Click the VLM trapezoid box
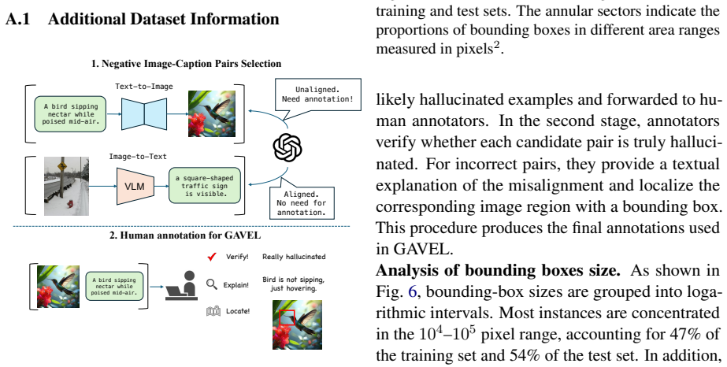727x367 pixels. point(135,187)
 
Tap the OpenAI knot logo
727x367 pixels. point(287,147)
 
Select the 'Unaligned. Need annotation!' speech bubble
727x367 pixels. point(317,96)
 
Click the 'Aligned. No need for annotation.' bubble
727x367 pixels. point(302,202)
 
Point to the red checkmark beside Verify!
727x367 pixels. point(212,256)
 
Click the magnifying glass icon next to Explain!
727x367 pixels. point(212,284)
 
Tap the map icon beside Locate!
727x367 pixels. point(213,311)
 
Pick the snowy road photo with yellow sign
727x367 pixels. point(66,186)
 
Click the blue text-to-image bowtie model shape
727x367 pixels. point(144,113)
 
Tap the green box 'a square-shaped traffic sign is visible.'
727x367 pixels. point(205,185)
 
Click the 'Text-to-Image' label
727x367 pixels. point(144,86)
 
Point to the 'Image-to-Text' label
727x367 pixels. point(138,157)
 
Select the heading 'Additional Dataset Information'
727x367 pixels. point(163,19)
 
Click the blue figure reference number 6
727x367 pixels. point(412,291)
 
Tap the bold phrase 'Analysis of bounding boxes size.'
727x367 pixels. point(498,269)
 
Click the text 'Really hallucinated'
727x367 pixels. point(294,257)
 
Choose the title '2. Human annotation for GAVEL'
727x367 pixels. point(185,235)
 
